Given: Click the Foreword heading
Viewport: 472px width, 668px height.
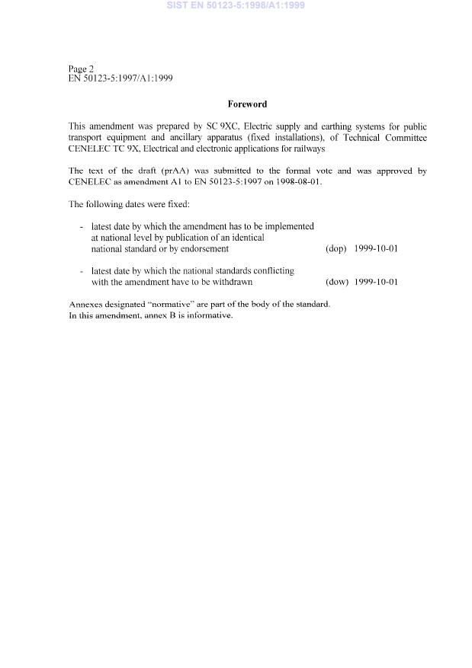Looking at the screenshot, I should pos(247,104).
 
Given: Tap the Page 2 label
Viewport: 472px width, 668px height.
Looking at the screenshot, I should pos(81,69).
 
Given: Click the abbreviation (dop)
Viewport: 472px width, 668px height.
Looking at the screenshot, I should pos(336,248).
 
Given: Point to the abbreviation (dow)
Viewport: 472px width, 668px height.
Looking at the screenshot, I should pos(336,282).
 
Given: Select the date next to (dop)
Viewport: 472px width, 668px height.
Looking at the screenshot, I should pos(376,248).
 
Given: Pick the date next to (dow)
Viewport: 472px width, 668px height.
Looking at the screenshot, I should pos(376,282).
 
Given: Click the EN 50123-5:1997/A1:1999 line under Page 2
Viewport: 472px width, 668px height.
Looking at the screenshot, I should pos(120,78).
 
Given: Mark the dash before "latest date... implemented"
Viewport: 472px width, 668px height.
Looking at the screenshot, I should pos(82,226).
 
